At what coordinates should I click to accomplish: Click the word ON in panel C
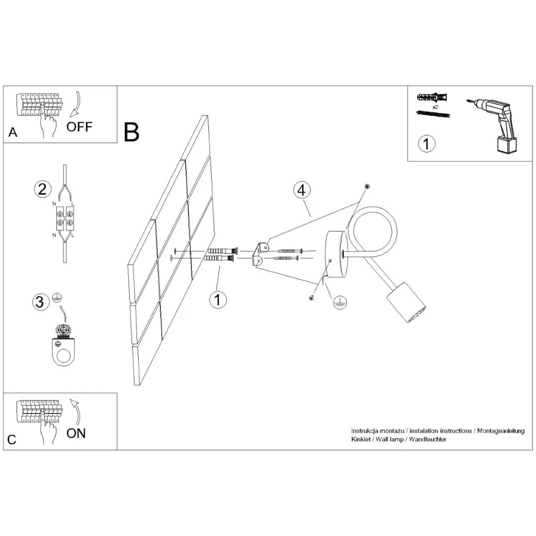click(x=76, y=433)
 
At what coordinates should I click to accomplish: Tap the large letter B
click(x=132, y=131)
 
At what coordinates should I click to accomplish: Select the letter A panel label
click(x=13, y=133)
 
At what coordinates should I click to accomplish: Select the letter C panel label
click(x=12, y=440)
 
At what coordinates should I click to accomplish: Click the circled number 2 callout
click(x=40, y=190)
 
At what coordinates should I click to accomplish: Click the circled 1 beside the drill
click(x=426, y=144)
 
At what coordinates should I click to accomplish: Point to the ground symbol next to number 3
click(x=56, y=299)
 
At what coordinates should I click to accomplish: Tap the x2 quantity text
click(x=435, y=107)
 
